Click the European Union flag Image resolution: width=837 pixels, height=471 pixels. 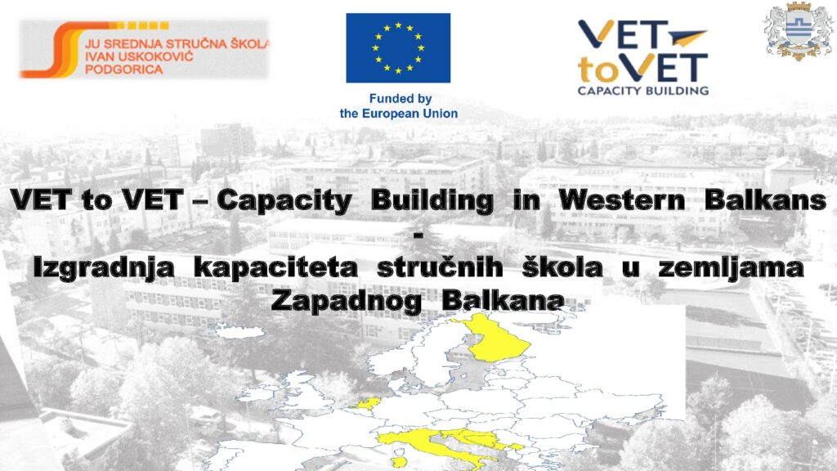coord(398,48)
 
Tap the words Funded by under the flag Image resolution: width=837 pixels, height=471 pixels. coord(401,99)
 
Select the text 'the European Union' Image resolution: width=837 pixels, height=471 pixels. coord(399,114)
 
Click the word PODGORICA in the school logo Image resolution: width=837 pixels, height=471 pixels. coord(124,70)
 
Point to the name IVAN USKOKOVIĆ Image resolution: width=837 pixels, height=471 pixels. coord(139,56)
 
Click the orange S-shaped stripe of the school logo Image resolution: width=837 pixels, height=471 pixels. coord(59,52)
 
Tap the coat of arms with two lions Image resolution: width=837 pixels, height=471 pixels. coord(799,31)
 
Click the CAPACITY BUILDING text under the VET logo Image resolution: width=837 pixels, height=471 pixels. coord(643,91)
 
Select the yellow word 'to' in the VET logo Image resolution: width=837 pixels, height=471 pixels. coord(596,69)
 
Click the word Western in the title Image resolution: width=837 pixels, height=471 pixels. coord(622,200)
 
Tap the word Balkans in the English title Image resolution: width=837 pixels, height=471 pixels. coord(765,200)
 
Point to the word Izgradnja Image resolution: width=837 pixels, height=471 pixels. coord(104,268)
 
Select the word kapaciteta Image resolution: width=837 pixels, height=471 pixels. coord(275,268)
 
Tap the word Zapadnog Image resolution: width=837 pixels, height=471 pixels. coord(346,302)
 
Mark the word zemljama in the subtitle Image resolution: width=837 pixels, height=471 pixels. coord(732,268)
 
